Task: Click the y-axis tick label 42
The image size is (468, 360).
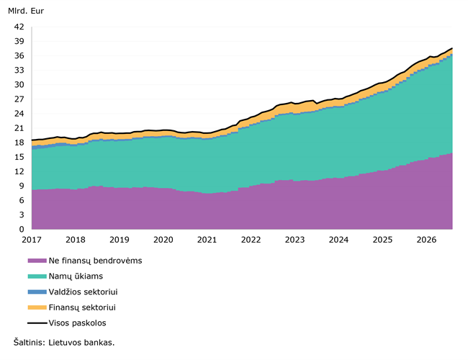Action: pyautogui.click(x=19, y=27)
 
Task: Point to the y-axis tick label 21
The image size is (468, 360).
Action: pyautogui.click(x=19, y=128)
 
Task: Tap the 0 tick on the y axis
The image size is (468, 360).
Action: pyautogui.click(x=22, y=229)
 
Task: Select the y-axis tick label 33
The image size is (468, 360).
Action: pyautogui.click(x=19, y=70)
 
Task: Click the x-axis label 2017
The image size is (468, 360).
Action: pyautogui.click(x=32, y=240)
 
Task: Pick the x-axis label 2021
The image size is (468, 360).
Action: pyautogui.click(x=207, y=240)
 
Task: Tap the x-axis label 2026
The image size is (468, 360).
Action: pyautogui.click(x=426, y=240)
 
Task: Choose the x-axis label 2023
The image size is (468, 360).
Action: pyautogui.click(x=294, y=240)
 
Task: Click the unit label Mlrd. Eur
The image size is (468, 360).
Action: pyautogui.click(x=26, y=11)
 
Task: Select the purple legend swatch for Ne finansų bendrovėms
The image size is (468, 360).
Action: pyautogui.click(x=37, y=261)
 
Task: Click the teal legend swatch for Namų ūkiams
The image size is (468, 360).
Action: pyautogui.click(x=37, y=276)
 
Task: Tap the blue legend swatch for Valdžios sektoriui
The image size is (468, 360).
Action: pyautogui.click(x=37, y=292)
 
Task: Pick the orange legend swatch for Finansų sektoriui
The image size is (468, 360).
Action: pyautogui.click(x=37, y=307)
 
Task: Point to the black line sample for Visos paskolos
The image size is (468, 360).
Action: pyautogui.click(x=37, y=323)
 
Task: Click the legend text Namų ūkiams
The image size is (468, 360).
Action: pyautogui.click(x=76, y=276)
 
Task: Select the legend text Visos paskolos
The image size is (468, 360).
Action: pyautogui.click(x=77, y=323)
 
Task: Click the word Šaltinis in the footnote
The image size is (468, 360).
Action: pyautogui.click(x=29, y=343)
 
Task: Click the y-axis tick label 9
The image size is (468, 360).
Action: pyautogui.click(x=22, y=186)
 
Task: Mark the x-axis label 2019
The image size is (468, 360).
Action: pyautogui.click(x=120, y=240)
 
